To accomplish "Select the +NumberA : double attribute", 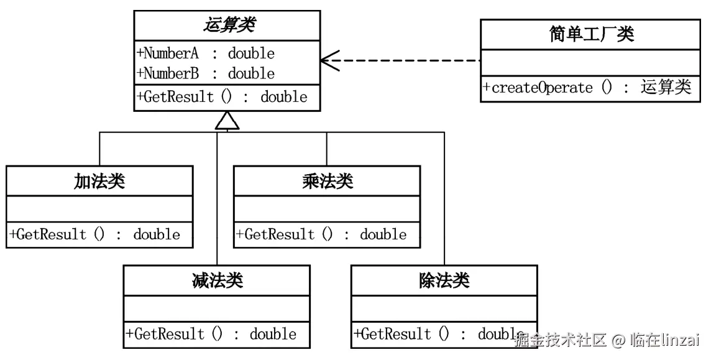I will (205, 53).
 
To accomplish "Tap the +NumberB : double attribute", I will (205, 73).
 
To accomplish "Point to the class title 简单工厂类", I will (592, 34).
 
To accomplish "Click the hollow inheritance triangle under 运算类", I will (227, 121).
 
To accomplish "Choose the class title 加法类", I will (99, 181).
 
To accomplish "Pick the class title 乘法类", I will (328, 181).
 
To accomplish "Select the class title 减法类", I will (217, 280).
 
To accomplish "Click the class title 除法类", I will (444, 280).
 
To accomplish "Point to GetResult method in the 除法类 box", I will (435, 334).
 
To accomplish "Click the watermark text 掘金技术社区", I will (560, 340).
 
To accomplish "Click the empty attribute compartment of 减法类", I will (216, 308).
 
